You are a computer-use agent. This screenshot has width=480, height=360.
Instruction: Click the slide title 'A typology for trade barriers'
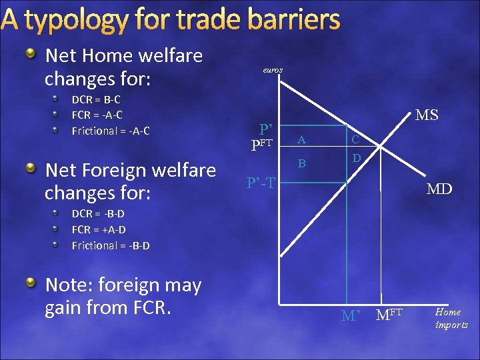tap(171, 20)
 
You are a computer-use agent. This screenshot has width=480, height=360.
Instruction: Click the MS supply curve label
tap(427, 115)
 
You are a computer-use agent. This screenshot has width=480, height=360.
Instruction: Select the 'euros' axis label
tap(272, 69)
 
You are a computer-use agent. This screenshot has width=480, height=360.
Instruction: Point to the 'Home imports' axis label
tap(452, 318)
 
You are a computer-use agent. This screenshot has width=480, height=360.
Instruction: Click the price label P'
tap(266, 129)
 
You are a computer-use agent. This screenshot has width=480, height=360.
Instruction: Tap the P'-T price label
tap(261, 183)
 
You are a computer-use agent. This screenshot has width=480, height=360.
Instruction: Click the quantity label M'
tap(351, 315)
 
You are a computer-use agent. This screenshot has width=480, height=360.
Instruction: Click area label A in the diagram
tap(302, 139)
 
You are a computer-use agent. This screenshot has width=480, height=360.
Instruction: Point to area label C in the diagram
tap(357, 139)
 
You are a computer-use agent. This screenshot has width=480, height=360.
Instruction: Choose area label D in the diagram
tap(357, 158)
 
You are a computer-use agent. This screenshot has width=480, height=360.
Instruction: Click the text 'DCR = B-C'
tap(96, 99)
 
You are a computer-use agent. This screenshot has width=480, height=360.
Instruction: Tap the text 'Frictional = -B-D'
tap(111, 245)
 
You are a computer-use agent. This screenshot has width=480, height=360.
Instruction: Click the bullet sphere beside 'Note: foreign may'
tap(31, 284)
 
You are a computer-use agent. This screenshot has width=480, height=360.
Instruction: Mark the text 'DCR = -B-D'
tap(98, 214)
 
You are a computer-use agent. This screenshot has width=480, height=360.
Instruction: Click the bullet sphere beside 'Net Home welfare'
tap(31, 55)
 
